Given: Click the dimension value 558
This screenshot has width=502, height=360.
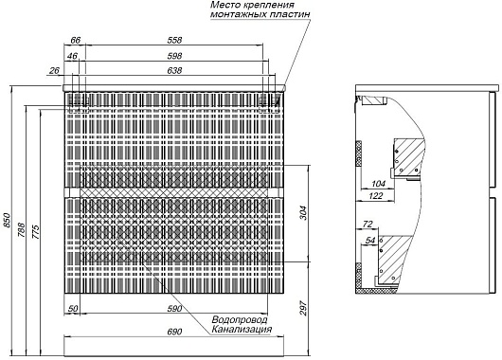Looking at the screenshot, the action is [174, 40].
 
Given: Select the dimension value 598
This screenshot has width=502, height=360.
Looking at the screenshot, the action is [174, 56].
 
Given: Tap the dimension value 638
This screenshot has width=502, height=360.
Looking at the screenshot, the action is [174, 70].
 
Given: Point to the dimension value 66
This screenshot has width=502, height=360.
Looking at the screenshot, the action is [75, 40].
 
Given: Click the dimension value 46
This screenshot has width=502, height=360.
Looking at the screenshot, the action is [73, 56].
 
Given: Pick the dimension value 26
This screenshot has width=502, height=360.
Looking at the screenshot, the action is [54, 70].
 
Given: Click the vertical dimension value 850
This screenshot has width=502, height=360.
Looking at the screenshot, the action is [7, 220].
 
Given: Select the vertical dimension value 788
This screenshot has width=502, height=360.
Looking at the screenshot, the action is [21, 229].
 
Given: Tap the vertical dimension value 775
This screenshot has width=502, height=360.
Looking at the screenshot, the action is [36, 232].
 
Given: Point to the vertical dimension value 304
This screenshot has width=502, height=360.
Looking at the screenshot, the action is [303, 212].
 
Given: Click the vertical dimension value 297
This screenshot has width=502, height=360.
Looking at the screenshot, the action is [303, 308].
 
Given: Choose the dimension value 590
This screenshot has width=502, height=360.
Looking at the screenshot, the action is [174, 309].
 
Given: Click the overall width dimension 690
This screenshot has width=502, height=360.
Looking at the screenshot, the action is [174, 332].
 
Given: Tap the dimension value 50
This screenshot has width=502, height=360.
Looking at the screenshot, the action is [73, 309].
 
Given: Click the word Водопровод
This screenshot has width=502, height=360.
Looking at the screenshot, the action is [239, 319].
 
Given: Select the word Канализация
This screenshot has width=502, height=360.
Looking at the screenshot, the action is [242, 329].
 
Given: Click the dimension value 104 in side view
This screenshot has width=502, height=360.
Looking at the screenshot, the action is [379, 184].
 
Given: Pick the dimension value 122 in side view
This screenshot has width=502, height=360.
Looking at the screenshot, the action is [376, 195].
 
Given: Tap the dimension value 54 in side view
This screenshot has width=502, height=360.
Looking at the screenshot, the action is [370, 241].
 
